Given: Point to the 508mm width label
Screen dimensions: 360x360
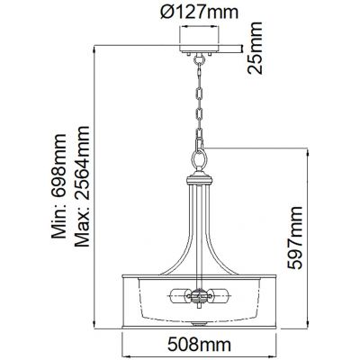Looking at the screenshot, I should (x=194, y=344).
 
